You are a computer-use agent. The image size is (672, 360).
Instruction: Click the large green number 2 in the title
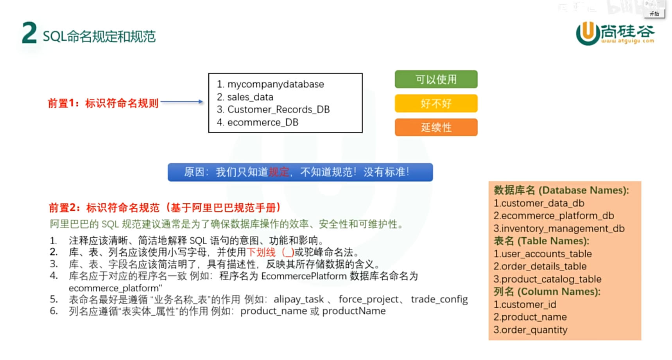pos(29,33)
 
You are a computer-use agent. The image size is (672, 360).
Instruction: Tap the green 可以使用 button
pos(436,79)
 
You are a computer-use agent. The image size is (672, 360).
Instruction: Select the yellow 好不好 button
pos(436,104)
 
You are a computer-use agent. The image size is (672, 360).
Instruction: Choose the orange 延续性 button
pos(436,127)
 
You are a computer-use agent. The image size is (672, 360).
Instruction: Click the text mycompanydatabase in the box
pos(275,84)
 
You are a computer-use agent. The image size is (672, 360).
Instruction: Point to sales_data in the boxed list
pos(250,97)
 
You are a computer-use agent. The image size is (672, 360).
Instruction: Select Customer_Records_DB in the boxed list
pos(278,109)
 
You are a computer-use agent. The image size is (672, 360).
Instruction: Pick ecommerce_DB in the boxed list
pos(263,122)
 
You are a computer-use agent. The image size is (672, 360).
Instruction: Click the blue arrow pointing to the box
pos(182,102)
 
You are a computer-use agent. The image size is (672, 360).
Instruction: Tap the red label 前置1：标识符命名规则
pos(103,103)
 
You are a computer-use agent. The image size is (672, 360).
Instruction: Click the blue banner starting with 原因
pos(300,172)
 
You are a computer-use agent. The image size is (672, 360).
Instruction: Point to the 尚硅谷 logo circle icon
pos(587,33)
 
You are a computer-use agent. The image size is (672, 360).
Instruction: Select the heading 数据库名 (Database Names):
pos(561,190)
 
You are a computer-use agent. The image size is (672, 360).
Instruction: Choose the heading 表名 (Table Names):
pos(541,241)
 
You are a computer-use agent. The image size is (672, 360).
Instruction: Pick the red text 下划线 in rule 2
pos(261,253)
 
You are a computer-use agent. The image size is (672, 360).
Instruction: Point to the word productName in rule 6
pos(354,311)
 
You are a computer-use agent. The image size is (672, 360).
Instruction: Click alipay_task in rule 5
pos(298,299)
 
